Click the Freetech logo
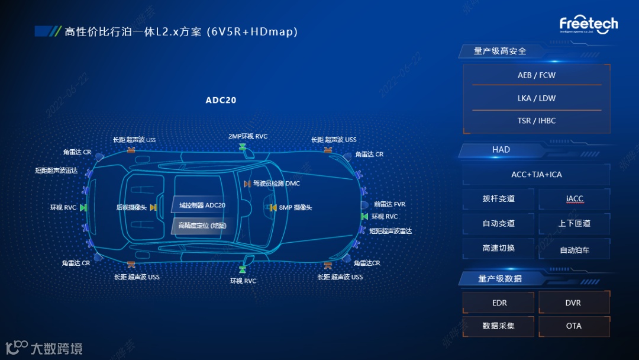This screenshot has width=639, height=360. (x=588, y=25)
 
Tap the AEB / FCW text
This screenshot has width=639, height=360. (x=536, y=76)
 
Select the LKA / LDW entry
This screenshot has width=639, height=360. (x=536, y=98)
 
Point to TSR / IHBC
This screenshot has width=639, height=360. (x=536, y=121)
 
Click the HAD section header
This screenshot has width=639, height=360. (x=501, y=150)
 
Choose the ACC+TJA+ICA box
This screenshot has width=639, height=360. (x=536, y=175)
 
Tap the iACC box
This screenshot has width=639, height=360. (x=574, y=199)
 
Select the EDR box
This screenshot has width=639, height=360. (x=499, y=303)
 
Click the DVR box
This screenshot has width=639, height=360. (x=573, y=303)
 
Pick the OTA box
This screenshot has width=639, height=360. (x=573, y=326)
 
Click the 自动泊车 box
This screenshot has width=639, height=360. (x=574, y=250)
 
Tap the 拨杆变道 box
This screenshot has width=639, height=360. (x=498, y=199)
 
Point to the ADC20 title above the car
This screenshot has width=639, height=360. (x=221, y=100)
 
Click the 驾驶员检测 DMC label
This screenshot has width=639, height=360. (x=276, y=184)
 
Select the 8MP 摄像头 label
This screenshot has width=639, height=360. (x=295, y=208)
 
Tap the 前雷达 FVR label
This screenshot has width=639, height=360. (x=389, y=204)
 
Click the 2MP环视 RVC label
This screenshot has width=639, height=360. (x=248, y=137)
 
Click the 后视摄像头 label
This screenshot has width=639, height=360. (x=131, y=208)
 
